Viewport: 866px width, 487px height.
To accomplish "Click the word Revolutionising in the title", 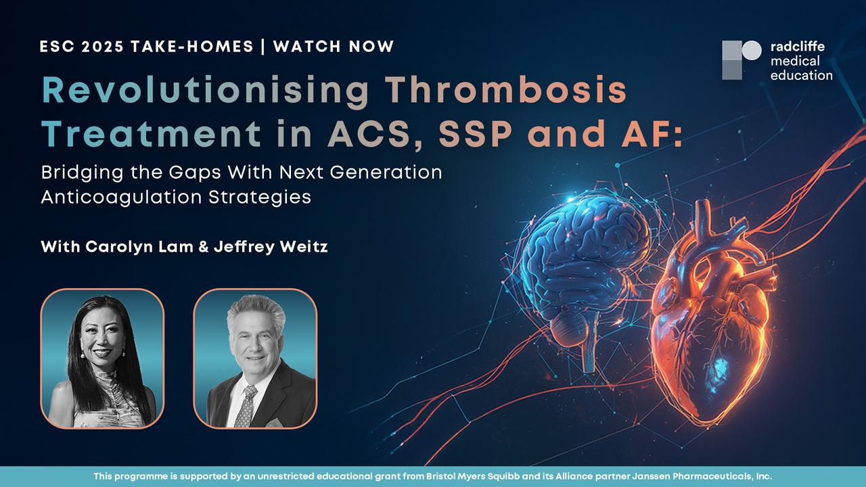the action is coord(205,91).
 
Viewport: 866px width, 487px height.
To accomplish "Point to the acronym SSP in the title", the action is coord(476,134).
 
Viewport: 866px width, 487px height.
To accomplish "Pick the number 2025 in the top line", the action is coord(102,47).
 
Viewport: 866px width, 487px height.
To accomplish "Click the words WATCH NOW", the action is coord(334,47).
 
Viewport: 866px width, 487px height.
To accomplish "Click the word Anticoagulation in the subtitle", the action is coord(121,198).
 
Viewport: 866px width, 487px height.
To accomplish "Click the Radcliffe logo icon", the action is coord(741,60).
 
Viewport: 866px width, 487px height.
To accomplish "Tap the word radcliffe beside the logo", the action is coord(798,47).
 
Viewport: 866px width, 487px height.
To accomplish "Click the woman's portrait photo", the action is coord(102,358).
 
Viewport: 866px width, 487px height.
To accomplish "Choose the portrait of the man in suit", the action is coord(255,358).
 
